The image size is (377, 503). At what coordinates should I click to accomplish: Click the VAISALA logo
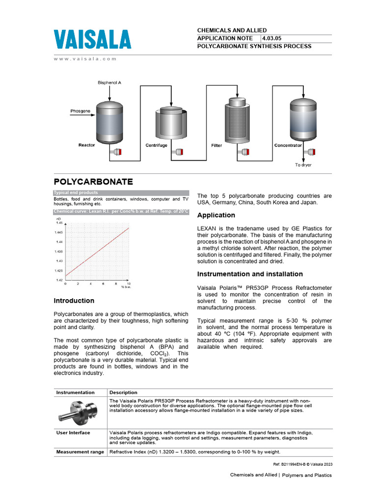[x=92, y=40]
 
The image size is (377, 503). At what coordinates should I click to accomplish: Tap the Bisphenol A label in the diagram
[x=109, y=83]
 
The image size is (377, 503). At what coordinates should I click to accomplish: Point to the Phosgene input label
[x=80, y=111]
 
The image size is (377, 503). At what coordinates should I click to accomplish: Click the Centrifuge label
[x=156, y=145]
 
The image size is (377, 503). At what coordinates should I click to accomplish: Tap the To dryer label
[x=303, y=165]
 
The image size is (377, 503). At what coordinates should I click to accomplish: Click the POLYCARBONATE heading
[x=93, y=181]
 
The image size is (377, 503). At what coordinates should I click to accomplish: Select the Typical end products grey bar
[x=121, y=193]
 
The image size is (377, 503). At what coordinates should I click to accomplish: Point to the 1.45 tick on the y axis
[x=59, y=223]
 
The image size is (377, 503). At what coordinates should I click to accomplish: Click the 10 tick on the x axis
[x=129, y=284]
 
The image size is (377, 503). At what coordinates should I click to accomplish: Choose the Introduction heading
[x=74, y=301]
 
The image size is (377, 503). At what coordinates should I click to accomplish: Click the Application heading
[x=216, y=215]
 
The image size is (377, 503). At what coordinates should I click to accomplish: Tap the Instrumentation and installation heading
[x=250, y=274]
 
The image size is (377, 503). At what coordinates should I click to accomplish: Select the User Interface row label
[x=73, y=433]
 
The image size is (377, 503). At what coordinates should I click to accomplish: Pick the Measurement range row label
[x=80, y=452]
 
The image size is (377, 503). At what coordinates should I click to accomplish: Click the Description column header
[x=123, y=392]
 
